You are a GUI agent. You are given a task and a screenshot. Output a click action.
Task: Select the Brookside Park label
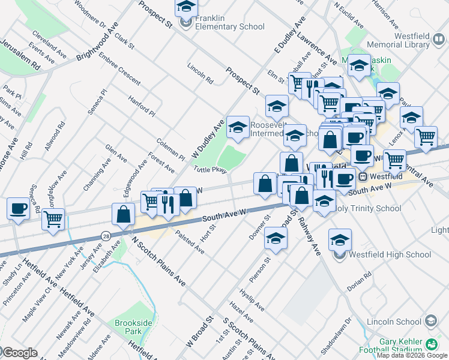pyautogui.click(x=128, y=327)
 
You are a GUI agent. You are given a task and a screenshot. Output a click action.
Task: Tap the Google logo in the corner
pyautogui.click(x=19, y=352)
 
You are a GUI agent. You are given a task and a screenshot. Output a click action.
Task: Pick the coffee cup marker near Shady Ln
pyautogui.click(x=18, y=209)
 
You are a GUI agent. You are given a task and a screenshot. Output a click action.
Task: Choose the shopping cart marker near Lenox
pyautogui.click(x=426, y=136)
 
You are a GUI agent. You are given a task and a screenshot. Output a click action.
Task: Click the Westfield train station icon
pyautogui.click(x=363, y=177)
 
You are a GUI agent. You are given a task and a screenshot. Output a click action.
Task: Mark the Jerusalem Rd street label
pyautogui.click(x=20, y=54)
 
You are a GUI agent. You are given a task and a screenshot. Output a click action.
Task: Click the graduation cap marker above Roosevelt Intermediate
pyautogui.click(x=238, y=127)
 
